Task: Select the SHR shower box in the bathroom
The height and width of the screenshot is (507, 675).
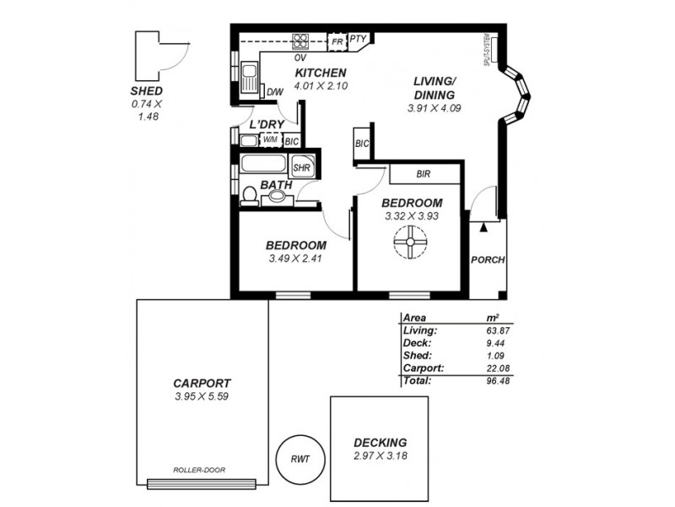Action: (x=302, y=167)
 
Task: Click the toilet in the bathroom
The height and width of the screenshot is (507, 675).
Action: (x=250, y=197)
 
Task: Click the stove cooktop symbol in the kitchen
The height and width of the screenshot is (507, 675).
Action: (x=301, y=41)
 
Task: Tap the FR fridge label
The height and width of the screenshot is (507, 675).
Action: (x=337, y=41)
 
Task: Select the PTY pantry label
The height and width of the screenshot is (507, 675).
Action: (x=358, y=39)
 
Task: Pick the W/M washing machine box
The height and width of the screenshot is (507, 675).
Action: (x=270, y=140)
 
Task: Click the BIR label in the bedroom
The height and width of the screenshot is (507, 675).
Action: (x=424, y=175)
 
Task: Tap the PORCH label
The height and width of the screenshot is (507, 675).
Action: (x=488, y=260)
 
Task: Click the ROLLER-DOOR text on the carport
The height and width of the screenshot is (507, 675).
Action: (x=198, y=470)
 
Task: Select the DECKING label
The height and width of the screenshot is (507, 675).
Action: (x=381, y=442)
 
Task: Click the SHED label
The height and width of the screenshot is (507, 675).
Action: (x=147, y=90)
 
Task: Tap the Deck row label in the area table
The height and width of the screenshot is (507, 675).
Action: (x=418, y=343)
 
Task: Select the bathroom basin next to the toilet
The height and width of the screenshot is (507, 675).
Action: (x=277, y=199)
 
